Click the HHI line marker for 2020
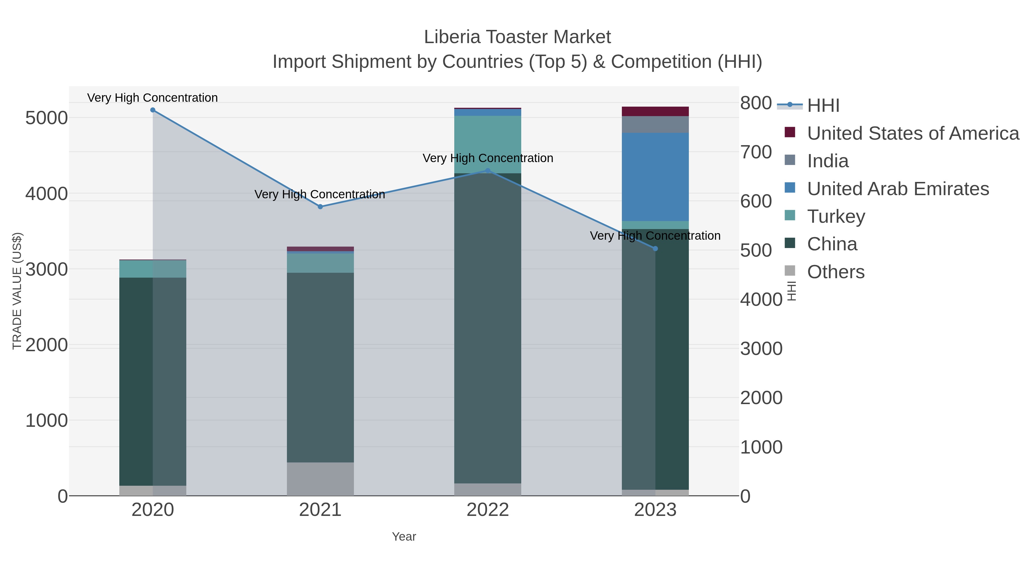pyautogui.click(x=153, y=110)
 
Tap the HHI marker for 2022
pyautogui.click(x=488, y=171)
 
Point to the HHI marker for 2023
pyautogui.click(x=655, y=249)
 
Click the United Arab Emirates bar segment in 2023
pyautogui.click(x=655, y=177)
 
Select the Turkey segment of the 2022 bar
pyautogui.click(x=488, y=145)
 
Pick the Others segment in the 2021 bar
pyautogui.click(x=320, y=479)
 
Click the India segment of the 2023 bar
pyautogui.click(x=655, y=124)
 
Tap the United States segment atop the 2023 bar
pyautogui.click(x=655, y=111)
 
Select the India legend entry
pyautogui.click(x=828, y=161)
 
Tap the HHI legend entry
pyautogui.click(x=823, y=105)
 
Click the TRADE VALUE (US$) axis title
pyautogui.click(x=17, y=291)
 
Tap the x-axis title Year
pyautogui.click(x=404, y=537)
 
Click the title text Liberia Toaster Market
pyautogui.click(x=517, y=37)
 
